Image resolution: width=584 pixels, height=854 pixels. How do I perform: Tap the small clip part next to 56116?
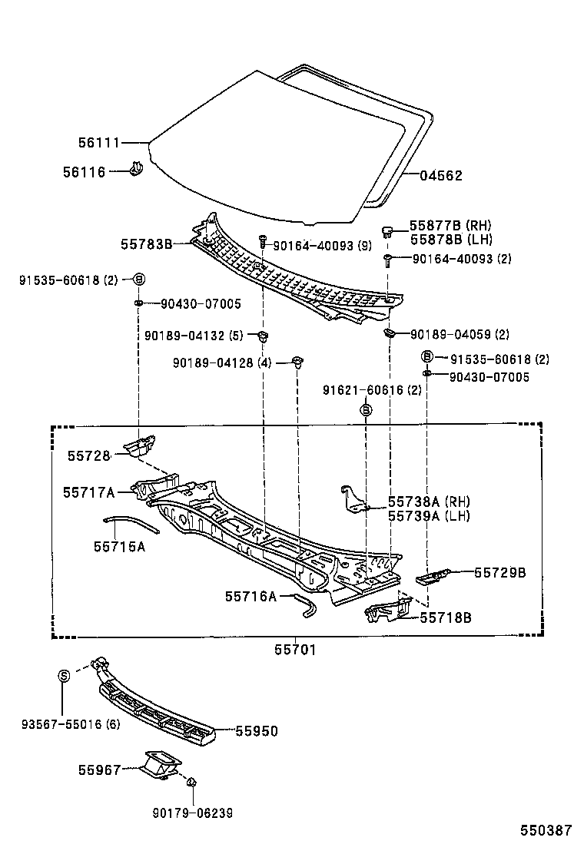(x=137, y=169)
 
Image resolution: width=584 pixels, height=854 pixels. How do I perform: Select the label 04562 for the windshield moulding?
(x=441, y=176)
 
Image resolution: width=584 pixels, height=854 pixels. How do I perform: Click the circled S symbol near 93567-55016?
(x=65, y=676)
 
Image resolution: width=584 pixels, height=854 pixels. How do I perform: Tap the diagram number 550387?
(x=546, y=830)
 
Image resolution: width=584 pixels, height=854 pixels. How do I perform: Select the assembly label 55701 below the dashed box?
(x=295, y=650)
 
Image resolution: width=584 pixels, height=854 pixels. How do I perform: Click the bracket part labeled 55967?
(x=160, y=765)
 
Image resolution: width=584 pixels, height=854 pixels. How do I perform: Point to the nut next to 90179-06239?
(x=191, y=783)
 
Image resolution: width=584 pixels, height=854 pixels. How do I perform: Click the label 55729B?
(x=499, y=572)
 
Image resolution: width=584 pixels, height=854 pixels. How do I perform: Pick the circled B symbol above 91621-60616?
(x=367, y=411)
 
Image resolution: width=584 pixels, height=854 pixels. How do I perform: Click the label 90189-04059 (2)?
(x=460, y=335)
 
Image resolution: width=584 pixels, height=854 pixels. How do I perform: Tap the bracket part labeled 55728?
(x=142, y=445)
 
